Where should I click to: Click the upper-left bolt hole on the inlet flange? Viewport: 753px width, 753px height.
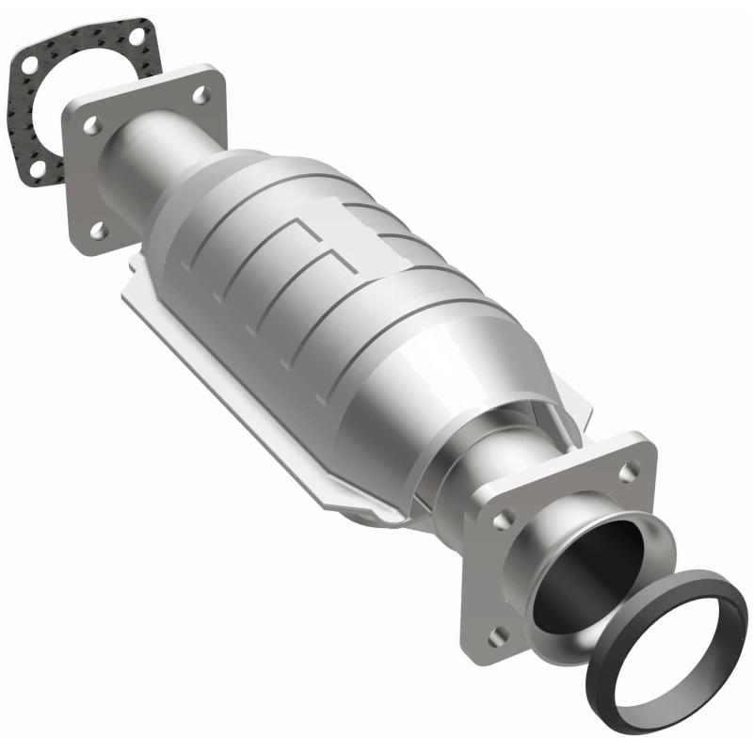coord(91,123)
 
